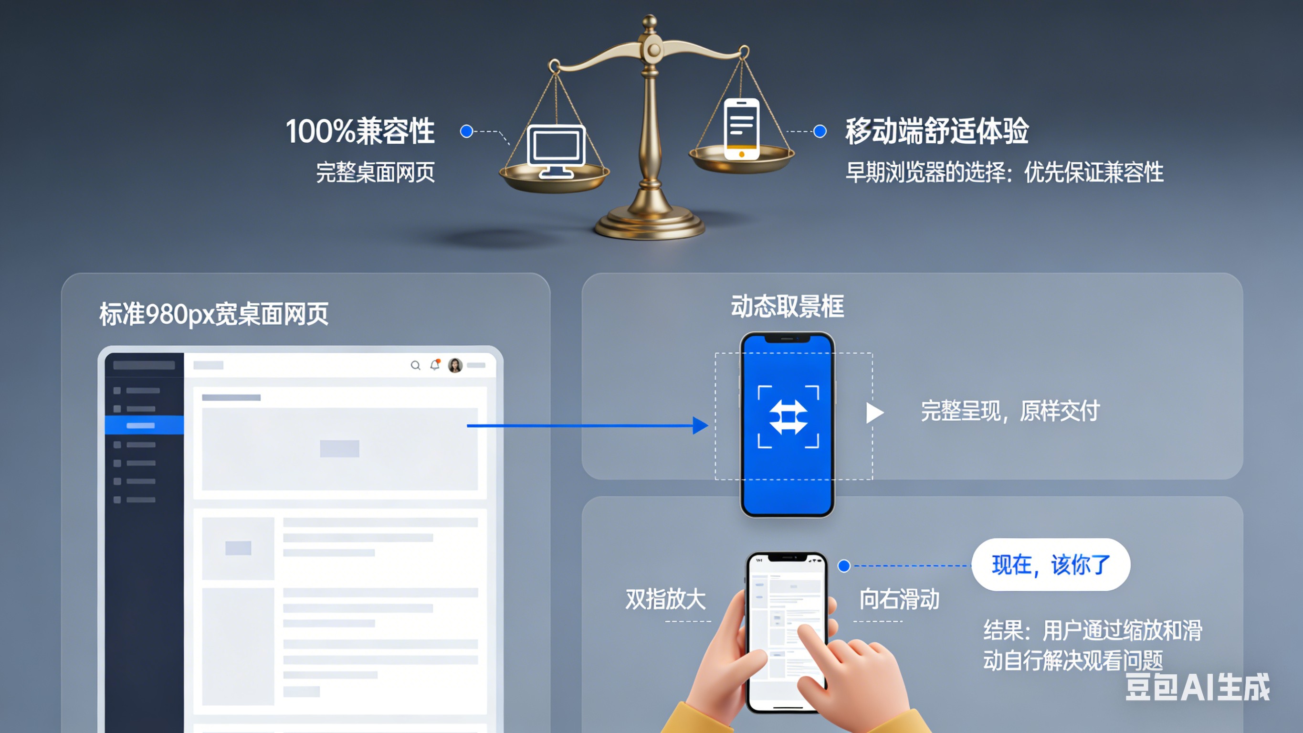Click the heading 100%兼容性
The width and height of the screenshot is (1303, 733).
pyautogui.click(x=360, y=131)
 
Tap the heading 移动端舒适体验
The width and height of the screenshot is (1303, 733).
pyautogui.click(x=937, y=131)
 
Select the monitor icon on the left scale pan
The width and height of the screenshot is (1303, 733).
pyautogui.click(x=556, y=150)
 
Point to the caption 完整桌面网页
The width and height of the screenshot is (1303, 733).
pyautogui.click(x=375, y=172)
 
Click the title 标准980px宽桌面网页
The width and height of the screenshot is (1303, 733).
pyautogui.click(x=213, y=314)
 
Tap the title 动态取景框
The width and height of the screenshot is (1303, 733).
pyautogui.click(x=787, y=307)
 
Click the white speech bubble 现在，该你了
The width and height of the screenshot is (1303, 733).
pyautogui.click(x=1051, y=564)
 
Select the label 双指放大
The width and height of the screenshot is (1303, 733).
pyautogui.click(x=665, y=599)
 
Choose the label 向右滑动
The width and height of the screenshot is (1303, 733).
pyautogui.click(x=899, y=599)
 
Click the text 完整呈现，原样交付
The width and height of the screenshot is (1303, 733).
pyautogui.click(x=1009, y=411)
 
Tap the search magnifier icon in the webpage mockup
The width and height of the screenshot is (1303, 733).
pyautogui.click(x=415, y=365)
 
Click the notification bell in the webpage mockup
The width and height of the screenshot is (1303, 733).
pyautogui.click(x=435, y=365)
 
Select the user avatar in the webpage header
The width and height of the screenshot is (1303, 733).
pyautogui.click(x=455, y=365)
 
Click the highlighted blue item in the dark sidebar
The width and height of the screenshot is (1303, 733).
pyautogui.click(x=144, y=425)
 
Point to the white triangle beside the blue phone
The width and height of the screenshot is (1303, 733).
pyautogui.click(x=873, y=413)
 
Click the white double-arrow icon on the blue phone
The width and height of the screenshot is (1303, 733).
pyautogui.click(x=788, y=417)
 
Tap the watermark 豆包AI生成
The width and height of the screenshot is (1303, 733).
pyautogui.click(x=1197, y=687)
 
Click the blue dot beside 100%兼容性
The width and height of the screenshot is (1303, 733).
pyautogui.click(x=466, y=132)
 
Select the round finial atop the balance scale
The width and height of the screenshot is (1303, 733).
pyautogui.click(x=650, y=21)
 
